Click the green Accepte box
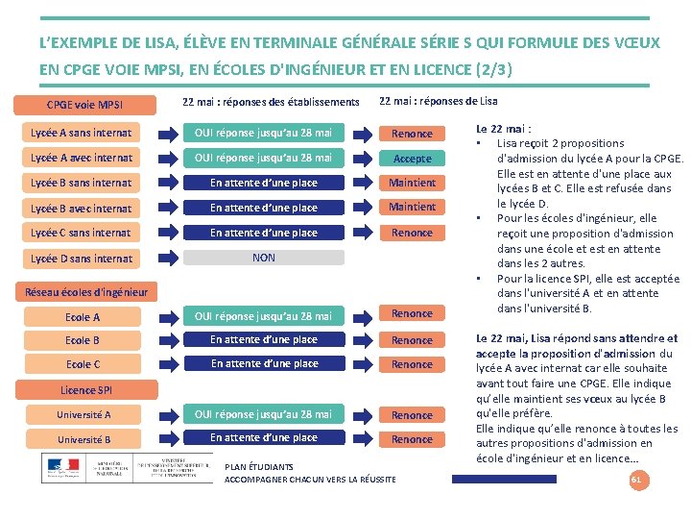tap(413, 159)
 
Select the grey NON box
tap(263, 258)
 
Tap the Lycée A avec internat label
tap(82, 158)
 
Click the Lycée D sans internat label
tap(82, 258)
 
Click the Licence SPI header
tap(85, 390)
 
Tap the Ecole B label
tap(83, 340)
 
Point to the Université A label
tap(83, 415)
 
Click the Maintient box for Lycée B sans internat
tap(413, 183)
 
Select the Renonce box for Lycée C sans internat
tap(413, 233)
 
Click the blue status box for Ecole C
tap(264, 364)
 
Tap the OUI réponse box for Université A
tap(264, 414)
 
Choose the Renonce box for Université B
tap(413, 439)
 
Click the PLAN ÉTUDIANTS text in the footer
tap(258, 467)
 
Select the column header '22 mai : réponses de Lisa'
tap(439, 102)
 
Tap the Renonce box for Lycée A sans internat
tap(413, 134)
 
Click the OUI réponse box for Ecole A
tap(264, 316)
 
